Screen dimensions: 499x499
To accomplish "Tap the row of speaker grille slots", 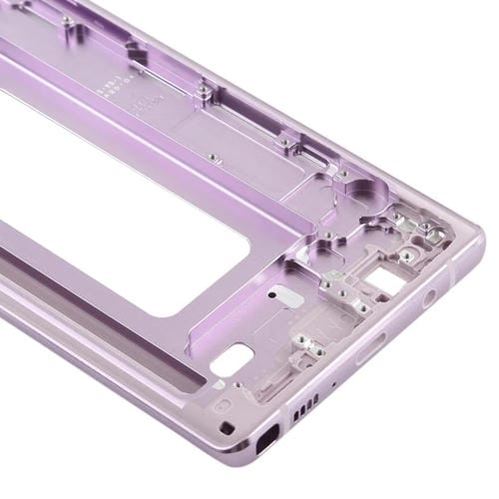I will coord(305,403).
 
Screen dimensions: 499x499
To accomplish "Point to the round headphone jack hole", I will coord(430,297).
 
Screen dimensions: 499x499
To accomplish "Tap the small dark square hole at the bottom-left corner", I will coord(229,426).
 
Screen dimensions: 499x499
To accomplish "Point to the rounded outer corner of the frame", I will coord(469,245).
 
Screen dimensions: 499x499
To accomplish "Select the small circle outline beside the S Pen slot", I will coord(222,405).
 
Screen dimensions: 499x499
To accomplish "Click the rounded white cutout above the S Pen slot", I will coord(237,356).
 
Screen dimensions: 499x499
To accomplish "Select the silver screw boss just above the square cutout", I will coord(406,256).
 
